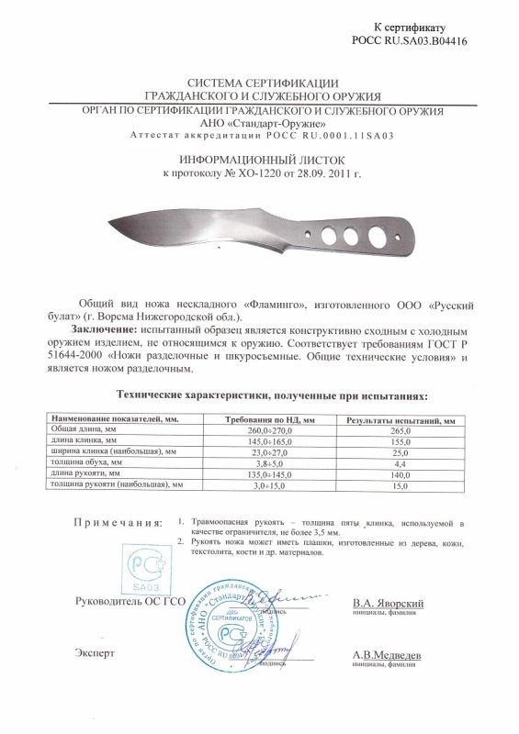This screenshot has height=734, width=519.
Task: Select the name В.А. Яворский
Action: pyautogui.click(x=387, y=605)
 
